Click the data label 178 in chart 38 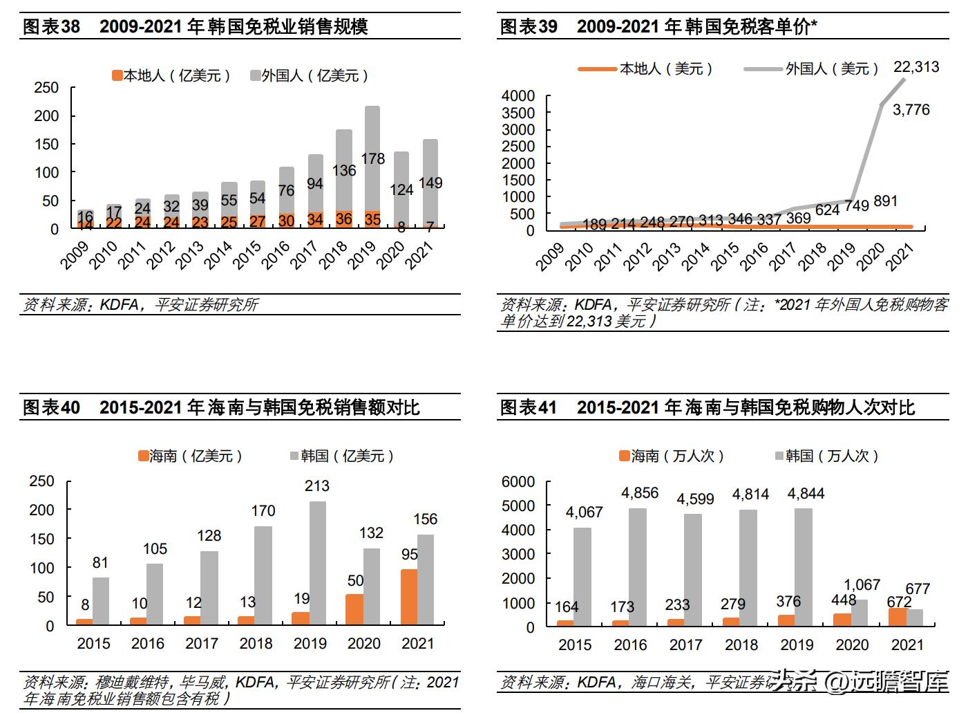pyautogui.click(x=372, y=158)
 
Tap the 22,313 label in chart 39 pyautogui.click(x=915, y=67)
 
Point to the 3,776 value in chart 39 pyautogui.click(x=911, y=109)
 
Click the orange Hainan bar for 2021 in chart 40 pyautogui.click(x=409, y=597)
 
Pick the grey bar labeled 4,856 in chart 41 pyautogui.click(x=638, y=566)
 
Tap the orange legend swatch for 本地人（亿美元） pyautogui.click(x=117, y=75)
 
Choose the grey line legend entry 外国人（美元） pyautogui.click(x=811, y=68)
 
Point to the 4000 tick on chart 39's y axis pyautogui.click(x=518, y=95)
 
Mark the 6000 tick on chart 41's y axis pyautogui.click(x=518, y=481)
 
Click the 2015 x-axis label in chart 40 pyautogui.click(x=93, y=644)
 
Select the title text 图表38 pyautogui.click(x=51, y=27)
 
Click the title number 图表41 pyautogui.click(x=528, y=407)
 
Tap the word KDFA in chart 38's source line pyautogui.click(x=120, y=305)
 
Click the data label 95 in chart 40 pyautogui.click(x=409, y=555)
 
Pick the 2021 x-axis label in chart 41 pyautogui.click(x=907, y=645)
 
